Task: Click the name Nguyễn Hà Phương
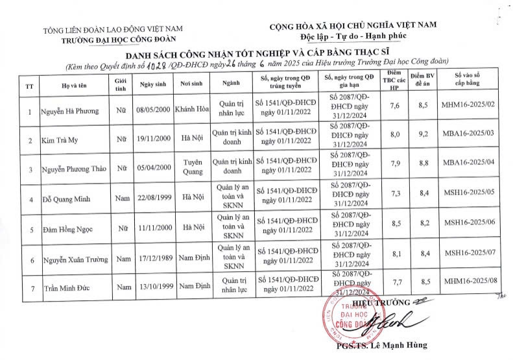pyautogui.click(x=70, y=111)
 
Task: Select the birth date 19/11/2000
pyautogui.click(x=153, y=139)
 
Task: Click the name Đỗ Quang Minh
pyautogui.click(x=67, y=196)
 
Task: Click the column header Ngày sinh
pyautogui.click(x=153, y=84)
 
